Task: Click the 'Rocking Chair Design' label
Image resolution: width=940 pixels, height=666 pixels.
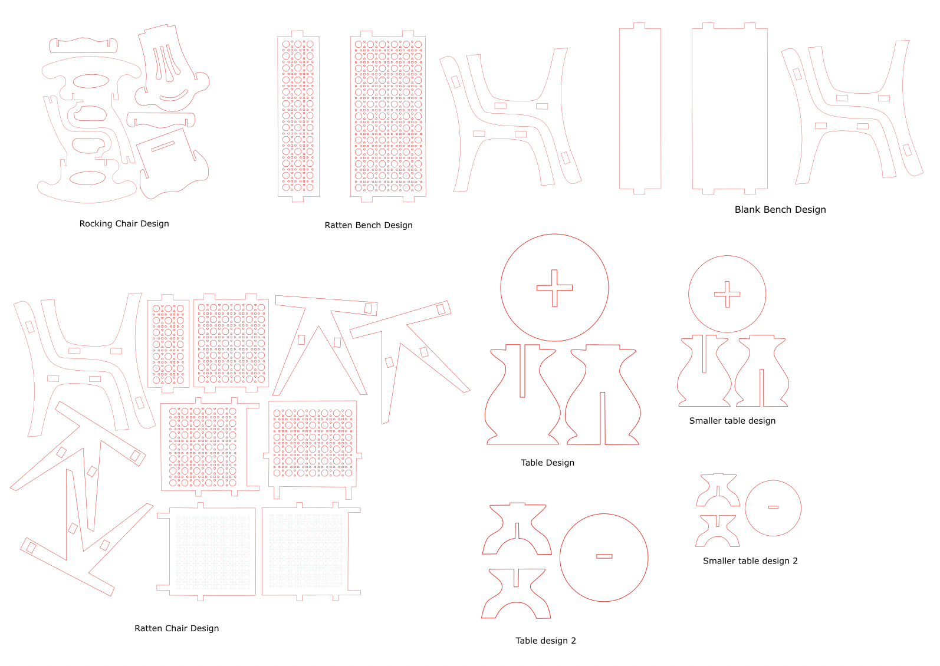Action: [x=124, y=223]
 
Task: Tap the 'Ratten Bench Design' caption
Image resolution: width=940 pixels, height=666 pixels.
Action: [x=369, y=225]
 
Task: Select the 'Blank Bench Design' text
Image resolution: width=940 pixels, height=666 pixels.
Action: [x=780, y=210]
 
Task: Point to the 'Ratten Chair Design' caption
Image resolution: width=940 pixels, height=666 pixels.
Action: [x=177, y=628]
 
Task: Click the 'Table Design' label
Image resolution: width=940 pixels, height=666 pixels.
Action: [x=548, y=463]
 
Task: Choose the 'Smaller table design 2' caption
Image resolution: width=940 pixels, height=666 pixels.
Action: [x=750, y=561]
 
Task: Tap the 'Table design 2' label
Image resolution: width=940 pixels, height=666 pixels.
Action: [x=545, y=641]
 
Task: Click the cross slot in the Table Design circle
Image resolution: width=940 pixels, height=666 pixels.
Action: [x=555, y=288]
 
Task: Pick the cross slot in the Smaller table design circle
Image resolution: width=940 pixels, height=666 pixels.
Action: [x=727, y=295]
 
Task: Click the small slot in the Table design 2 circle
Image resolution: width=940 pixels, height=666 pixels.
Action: [x=604, y=556]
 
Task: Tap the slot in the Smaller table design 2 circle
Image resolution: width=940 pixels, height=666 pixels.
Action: [x=773, y=507]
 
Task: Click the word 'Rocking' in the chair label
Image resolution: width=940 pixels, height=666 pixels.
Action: [x=96, y=224]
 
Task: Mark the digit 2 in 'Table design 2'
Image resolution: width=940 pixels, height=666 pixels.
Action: [x=573, y=641]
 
